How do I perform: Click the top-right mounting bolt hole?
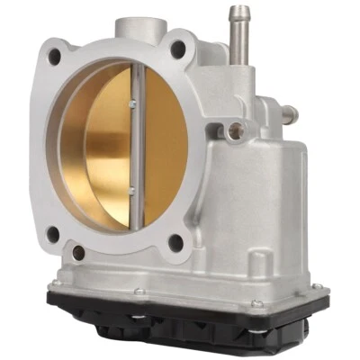click(x=180, y=47)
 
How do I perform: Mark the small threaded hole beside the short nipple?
click(x=236, y=129)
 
